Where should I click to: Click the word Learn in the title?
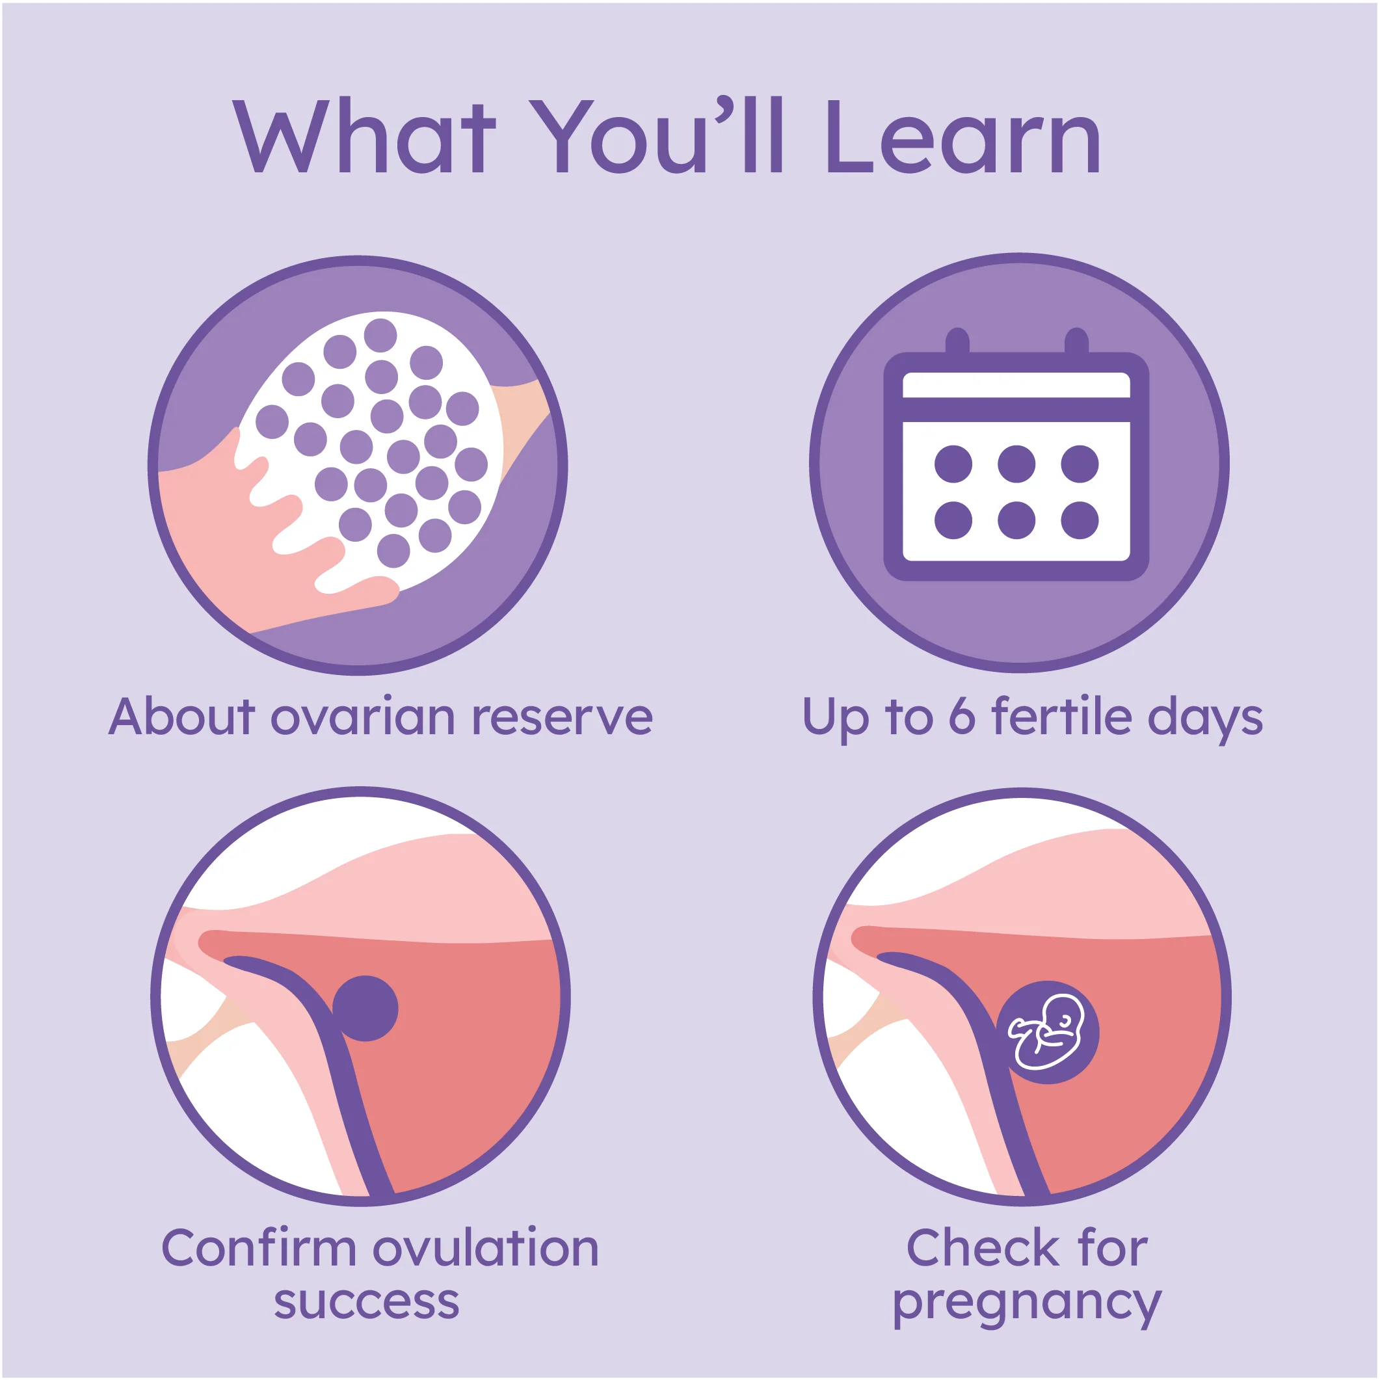(x=963, y=136)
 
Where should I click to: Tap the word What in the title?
(x=364, y=136)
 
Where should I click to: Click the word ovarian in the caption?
(x=363, y=717)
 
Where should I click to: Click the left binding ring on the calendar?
(x=957, y=341)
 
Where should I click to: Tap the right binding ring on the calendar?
(x=1076, y=341)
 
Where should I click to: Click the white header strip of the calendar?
(x=1016, y=385)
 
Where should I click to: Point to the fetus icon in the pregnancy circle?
(x=1047, y=1032)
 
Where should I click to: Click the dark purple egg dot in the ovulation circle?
(x=365, y=1009)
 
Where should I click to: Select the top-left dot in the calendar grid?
(x=953, y=464)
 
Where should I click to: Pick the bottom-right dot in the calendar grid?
(x=1080, y=520)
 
